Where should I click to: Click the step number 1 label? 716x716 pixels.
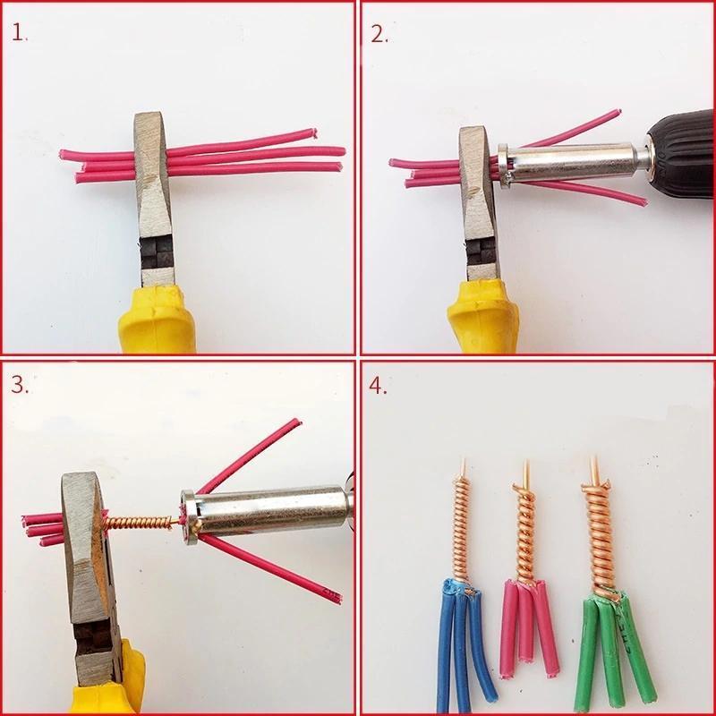pos(19,34)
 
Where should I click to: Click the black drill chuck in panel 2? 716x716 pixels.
pos(680,152)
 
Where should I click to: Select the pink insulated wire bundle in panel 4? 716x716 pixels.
pos(529,626)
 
